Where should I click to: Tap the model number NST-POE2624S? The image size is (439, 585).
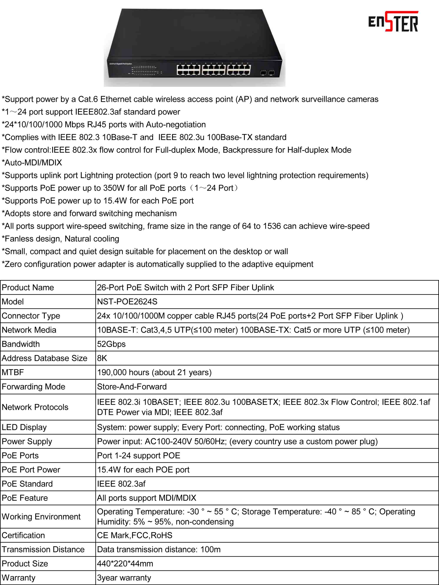point(127,302)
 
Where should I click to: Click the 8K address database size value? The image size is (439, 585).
point(102,358)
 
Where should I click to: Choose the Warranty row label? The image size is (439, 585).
point(18,578)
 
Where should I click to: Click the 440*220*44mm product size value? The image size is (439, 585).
point(125,564)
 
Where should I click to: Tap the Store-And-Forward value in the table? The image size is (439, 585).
point(132,387)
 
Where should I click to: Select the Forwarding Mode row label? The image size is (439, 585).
point(33,387)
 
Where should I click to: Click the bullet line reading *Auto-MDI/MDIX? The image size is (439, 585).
point(32,162)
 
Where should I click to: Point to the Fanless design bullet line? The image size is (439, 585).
point(60,239)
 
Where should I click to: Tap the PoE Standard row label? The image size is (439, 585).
point(27,484)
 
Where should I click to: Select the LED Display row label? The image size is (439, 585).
point(24,427)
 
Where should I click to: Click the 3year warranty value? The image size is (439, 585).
point(124,578)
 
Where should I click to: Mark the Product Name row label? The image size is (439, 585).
point(28,287)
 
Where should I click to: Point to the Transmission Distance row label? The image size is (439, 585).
point(43,549)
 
